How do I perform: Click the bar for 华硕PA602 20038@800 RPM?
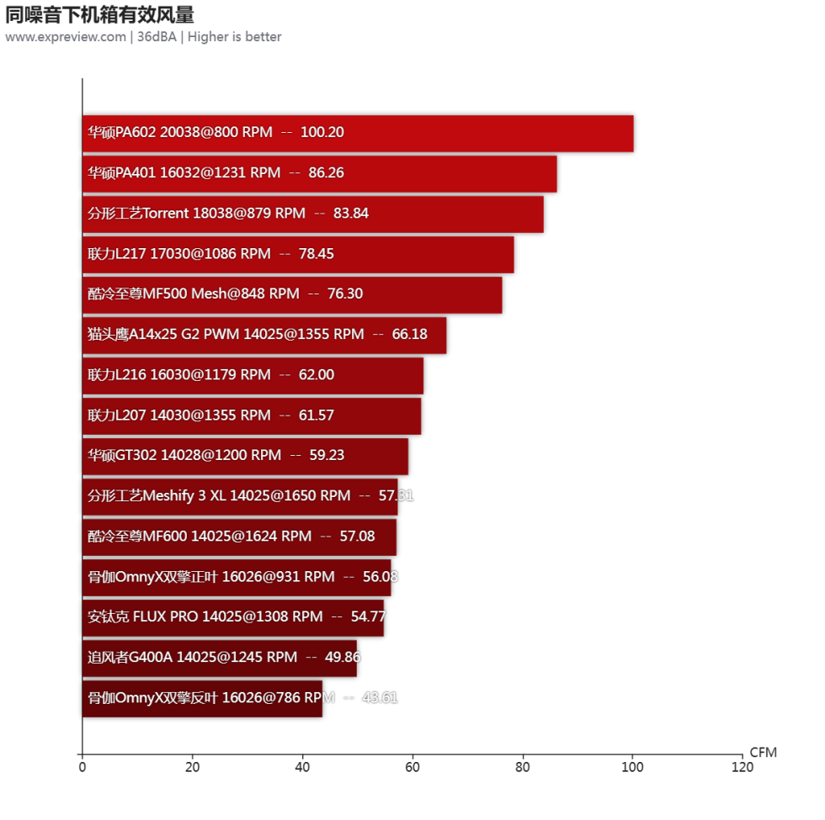(358, 133)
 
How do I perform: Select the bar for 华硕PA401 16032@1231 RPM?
(320, 173)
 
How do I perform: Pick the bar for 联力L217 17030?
(298, 254)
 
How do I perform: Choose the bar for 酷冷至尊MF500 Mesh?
(292, 294)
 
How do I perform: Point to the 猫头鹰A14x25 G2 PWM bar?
(264, 335)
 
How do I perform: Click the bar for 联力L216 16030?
(253, 375)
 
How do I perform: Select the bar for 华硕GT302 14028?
(245, 456)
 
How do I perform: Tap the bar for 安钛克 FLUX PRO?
(233, 617)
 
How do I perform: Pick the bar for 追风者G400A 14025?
(220, 658)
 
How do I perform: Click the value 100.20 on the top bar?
(322, 133)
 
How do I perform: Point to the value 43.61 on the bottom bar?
(380, 698)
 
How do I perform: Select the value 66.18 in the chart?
(410, 335)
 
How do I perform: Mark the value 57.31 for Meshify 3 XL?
(397, 496)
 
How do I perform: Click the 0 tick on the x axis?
(82, 767)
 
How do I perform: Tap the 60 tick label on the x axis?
(412, 767)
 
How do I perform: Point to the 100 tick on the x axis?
(632, 767)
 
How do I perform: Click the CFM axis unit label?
(763, 753)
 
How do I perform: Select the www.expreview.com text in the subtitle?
(65, 37)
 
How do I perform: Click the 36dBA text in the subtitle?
(157, 37)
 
